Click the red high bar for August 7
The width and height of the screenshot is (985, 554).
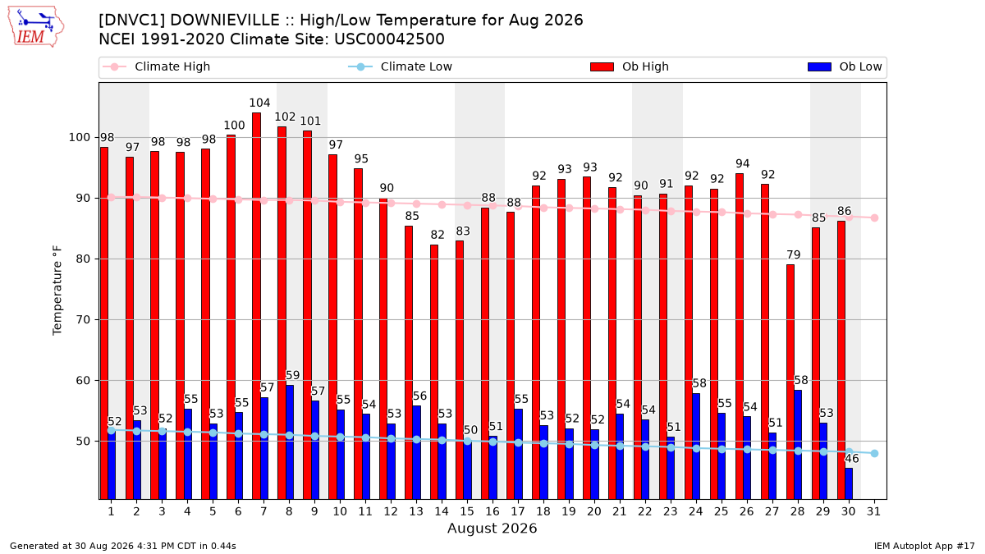pos(256,306)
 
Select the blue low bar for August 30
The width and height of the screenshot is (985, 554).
pos(849,483)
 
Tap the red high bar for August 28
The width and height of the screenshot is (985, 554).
pos(790,382)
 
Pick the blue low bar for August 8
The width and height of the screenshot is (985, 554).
pos(289,442)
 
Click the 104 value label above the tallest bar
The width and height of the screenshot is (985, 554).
pos(259,103)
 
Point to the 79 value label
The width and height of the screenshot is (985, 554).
pos(793,254)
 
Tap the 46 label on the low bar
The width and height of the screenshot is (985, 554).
pos(852,459)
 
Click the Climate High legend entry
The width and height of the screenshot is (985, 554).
pos(157,66)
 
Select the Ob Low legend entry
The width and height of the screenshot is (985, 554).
pos(845,66)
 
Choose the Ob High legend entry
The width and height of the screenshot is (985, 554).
pos(630,66)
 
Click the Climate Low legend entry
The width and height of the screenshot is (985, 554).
pos(401,66)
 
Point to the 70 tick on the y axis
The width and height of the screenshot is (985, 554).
pos(83,319)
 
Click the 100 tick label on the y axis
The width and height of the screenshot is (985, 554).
pos(79,137)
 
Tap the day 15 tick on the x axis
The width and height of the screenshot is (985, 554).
pos(467,511)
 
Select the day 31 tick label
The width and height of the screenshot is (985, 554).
pos(873,511)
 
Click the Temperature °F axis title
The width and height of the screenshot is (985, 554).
pos(57,291)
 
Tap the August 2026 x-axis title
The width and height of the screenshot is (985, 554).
pos(492,528)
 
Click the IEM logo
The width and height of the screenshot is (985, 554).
pos(35,27)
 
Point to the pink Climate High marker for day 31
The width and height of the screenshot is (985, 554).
pos(874,218)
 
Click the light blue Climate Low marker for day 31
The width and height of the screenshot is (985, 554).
pos(874,453)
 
